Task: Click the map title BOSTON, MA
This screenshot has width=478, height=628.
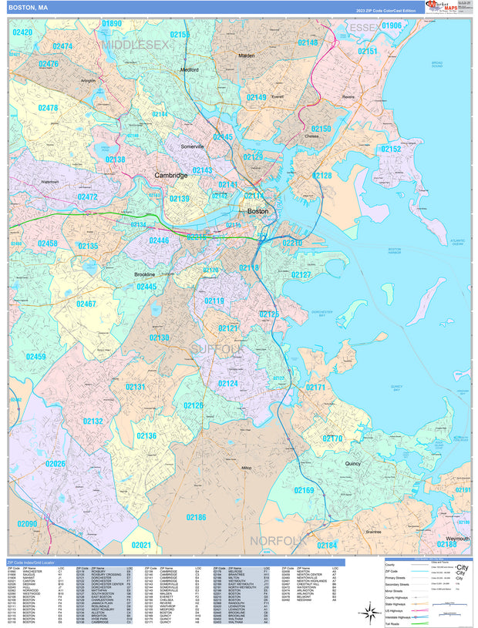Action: (x=29, y=7)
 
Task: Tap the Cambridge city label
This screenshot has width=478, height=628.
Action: (x=170, y=175)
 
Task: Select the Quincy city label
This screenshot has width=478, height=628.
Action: (x=353, y=464)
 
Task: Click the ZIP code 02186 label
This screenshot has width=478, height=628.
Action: (x=196, y=517)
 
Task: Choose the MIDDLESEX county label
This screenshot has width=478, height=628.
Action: (x=136, y=45)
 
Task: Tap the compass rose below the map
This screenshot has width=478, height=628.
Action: (x=369, y=612)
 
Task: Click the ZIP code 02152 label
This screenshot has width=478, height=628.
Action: (x=391, y=149)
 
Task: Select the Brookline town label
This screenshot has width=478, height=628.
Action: (x=144, y=274)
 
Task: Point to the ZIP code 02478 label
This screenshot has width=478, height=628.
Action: (x=44, y=108)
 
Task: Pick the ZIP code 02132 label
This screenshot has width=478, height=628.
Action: (x=93, y=421)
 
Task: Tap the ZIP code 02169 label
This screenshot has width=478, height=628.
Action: (x=304, y=490)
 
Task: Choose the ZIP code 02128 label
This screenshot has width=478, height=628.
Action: (x=321, y=176)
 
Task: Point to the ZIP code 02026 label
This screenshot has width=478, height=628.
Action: (x=56, y=464)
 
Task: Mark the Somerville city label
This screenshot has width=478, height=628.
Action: (x=192, y=146)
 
